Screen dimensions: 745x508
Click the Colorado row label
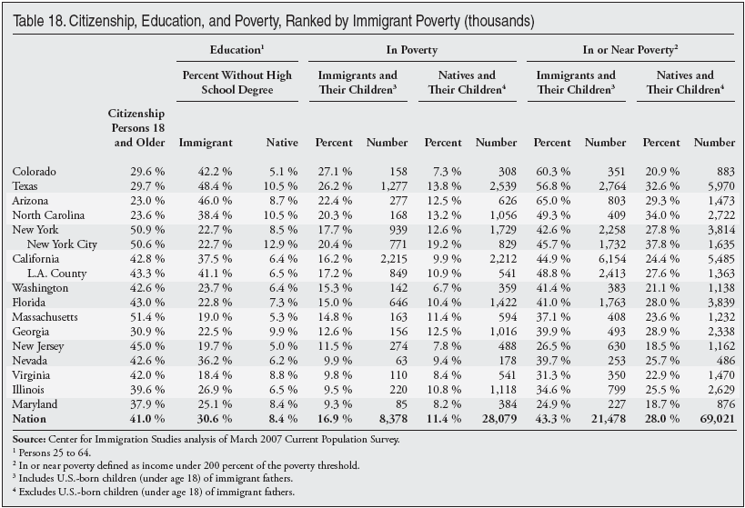pos(35,172)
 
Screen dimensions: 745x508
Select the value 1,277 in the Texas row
pos(393,186)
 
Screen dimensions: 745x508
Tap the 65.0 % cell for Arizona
pos(551,201)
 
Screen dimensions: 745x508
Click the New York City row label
pos(62,244)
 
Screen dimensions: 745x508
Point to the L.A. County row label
pos(57,274)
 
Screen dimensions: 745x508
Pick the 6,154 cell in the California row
pos(612,259)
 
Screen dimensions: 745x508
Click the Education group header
pos(237,50)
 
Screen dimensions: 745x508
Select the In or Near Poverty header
pos(630,50)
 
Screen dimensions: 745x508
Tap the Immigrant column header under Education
pos(206,143)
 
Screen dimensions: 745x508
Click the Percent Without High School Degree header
pos(237,83)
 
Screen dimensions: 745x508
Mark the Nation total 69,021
pos(717,419)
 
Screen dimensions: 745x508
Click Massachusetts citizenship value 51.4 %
pos(147,317)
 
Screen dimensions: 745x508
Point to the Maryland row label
pos(35,404)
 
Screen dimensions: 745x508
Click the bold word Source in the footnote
pos(29,439)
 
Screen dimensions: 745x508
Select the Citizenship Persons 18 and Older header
pos(136,128)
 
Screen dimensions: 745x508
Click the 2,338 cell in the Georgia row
pos(721,332)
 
